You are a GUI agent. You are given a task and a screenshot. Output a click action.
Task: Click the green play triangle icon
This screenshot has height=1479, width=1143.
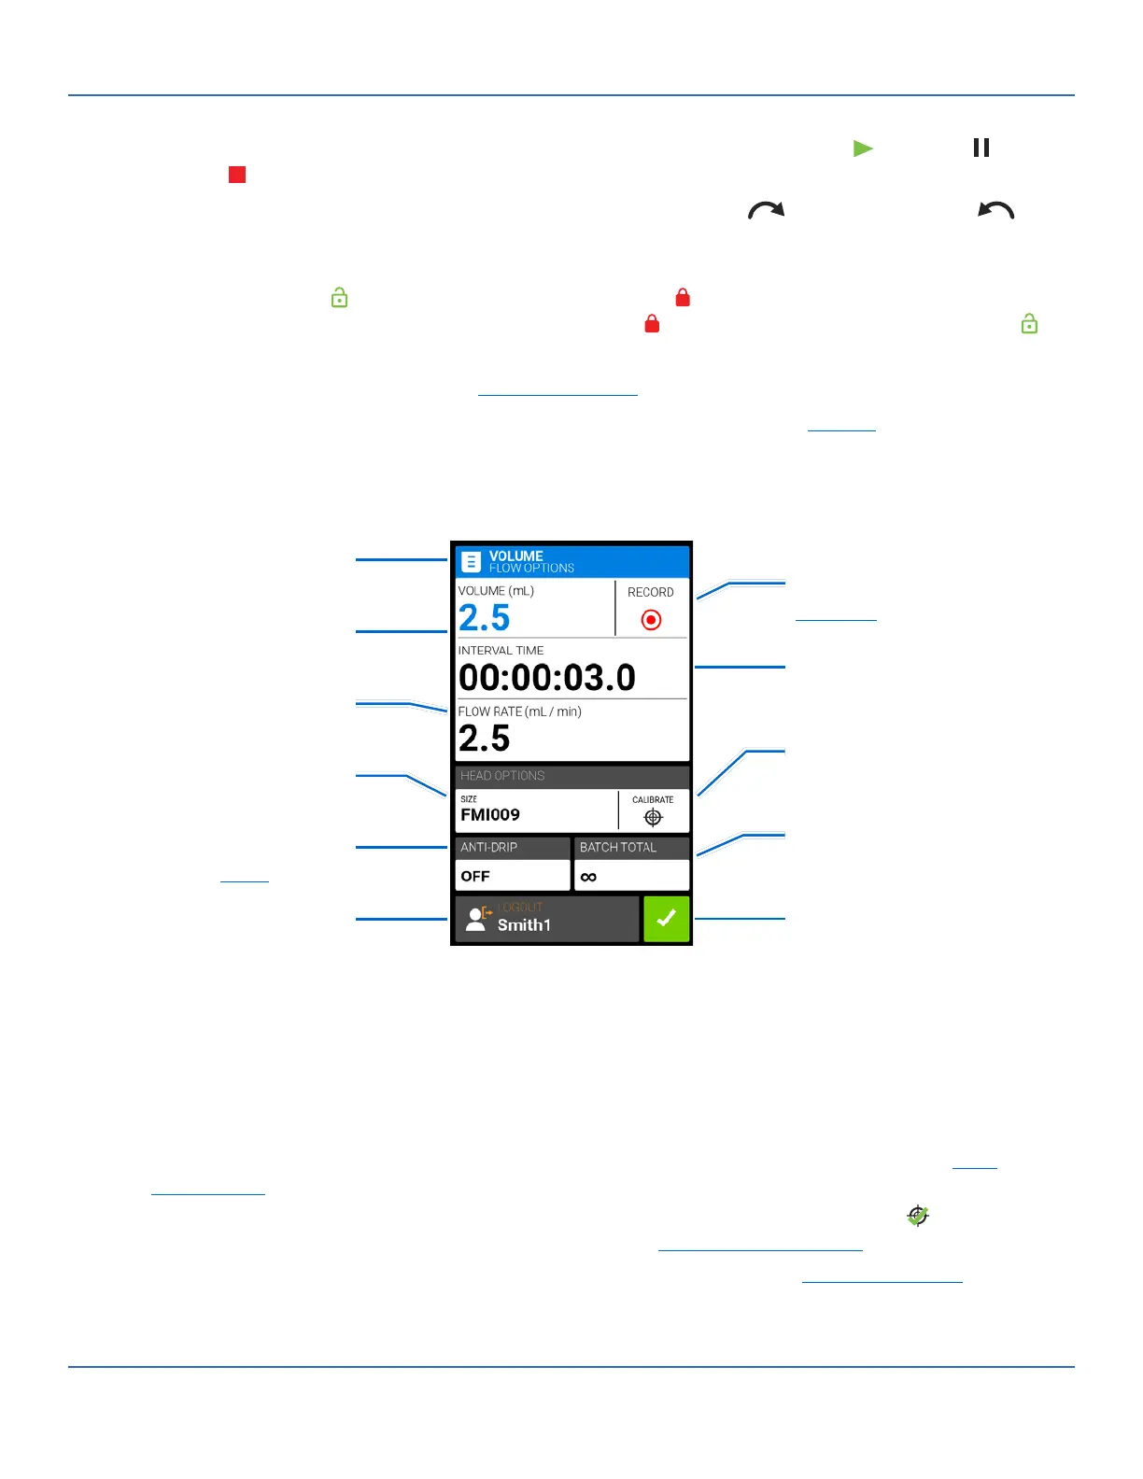(863, 148)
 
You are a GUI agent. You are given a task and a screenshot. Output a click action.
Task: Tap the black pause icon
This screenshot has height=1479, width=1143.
(981, 148)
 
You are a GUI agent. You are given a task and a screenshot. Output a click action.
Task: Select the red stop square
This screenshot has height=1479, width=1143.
(237, 175)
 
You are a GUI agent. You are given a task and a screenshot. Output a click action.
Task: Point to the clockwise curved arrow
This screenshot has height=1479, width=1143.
(767, 211)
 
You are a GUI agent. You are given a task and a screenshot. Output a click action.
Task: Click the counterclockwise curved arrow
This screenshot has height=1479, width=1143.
(995, 211)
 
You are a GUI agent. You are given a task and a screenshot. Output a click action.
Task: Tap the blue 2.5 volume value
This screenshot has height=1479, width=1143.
(485, 618)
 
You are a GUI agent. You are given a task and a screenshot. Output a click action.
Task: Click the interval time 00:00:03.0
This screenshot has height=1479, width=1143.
(547, 678)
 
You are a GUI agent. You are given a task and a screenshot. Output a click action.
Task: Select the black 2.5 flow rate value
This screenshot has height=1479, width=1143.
(485, 739)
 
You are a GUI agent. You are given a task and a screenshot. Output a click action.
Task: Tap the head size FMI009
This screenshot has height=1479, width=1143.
(490, 815)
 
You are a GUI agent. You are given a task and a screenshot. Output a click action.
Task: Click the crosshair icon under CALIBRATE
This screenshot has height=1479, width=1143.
(653, 818)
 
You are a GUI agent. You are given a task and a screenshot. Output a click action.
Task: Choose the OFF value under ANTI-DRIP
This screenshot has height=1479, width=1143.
(475, 877)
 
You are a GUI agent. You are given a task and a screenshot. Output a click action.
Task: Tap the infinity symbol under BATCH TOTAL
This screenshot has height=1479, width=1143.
(588, 877)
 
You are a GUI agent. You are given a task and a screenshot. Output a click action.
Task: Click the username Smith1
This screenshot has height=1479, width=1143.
(524, 925)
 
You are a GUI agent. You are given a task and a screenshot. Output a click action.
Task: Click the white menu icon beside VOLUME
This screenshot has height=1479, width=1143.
(472, 561)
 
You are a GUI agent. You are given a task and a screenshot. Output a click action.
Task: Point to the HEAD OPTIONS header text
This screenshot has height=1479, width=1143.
(502, 776)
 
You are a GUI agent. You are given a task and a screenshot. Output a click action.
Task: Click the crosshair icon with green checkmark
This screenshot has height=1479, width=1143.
(918, 1216)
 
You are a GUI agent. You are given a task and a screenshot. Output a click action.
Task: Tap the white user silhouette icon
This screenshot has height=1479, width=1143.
(476, 920)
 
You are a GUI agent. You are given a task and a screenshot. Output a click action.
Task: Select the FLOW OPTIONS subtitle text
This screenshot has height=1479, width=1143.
(531, 569)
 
